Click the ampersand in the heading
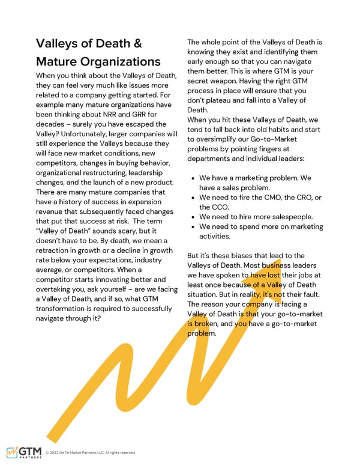click(x=136, y=44)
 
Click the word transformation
click(x=67, y=309)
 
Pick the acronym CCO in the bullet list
click(x=220, y=207)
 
